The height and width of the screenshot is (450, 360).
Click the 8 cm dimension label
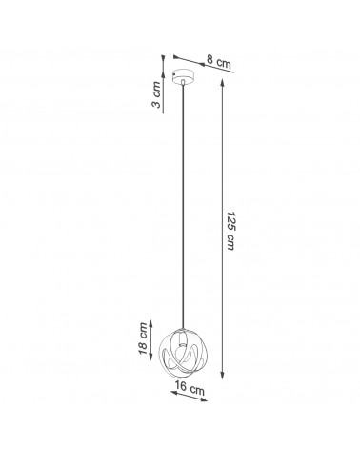219,61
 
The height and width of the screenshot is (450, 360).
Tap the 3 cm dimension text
156,94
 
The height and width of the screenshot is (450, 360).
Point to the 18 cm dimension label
143,337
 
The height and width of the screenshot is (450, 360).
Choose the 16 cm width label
190,388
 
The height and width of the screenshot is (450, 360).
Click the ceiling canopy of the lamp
184,76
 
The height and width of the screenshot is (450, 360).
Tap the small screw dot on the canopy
173,74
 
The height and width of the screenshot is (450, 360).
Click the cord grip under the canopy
183,82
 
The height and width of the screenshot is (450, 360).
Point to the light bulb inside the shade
182,353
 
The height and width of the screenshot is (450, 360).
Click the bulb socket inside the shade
182,338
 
